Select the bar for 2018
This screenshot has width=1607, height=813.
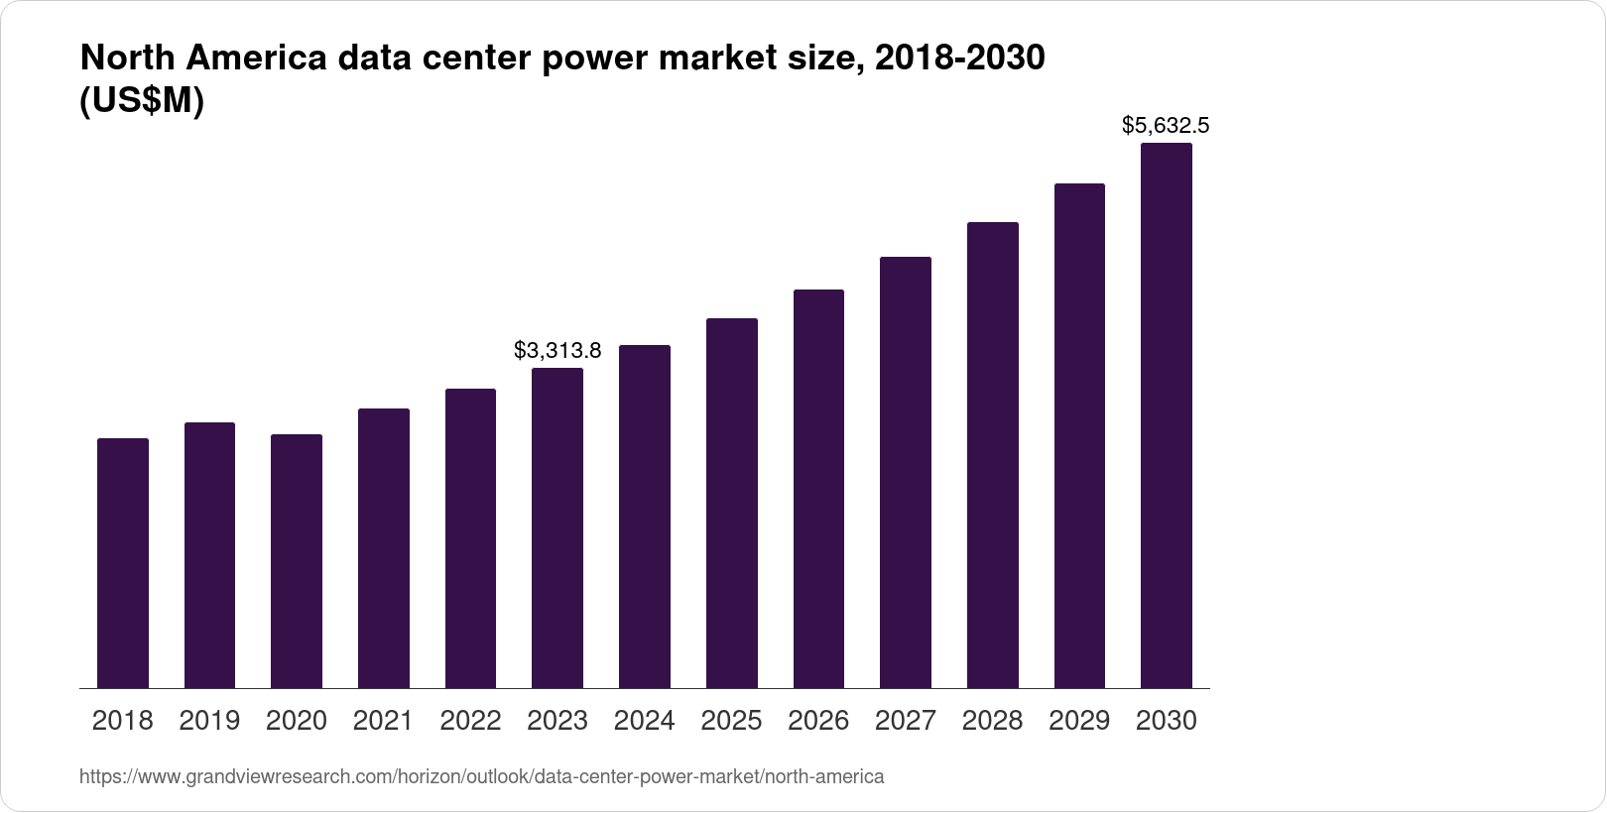pyautogui.click(x=123, y=563)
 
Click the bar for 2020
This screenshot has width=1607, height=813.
pyautogui.click(x=297, y=561)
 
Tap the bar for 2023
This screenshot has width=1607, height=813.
pyautogui.click(x=557, y=528)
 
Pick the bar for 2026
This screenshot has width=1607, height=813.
pyautogui.click(x=818, y=489)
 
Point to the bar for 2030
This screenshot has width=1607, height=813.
pyautogui.click(x=1167, y=415)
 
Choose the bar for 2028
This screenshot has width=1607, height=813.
pyautogui.click(x=992, y=455)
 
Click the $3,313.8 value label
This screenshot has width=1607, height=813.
pyautogui.click(x=557, y=350)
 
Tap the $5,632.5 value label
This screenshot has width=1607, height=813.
pyautogui.click(x=1166, y=125)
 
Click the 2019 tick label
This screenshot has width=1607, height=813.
pyautogui.click(x=209, y=721)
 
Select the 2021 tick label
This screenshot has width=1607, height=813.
pyautogui.click(x=383, y=721)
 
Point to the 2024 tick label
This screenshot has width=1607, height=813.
pyautogui.click(x=644, y=721)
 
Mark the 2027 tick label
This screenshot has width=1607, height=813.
pyautogui.click(x=906, y=721)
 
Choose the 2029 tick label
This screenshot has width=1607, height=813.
pyautogui.click(x=1079, y=721)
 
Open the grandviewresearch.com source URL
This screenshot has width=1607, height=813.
pyautogui.click(x=481, y=776)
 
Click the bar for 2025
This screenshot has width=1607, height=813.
pyautogui.click(x=732, y=504)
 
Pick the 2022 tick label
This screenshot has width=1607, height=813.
pyautogui.click(x=470, y=721)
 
